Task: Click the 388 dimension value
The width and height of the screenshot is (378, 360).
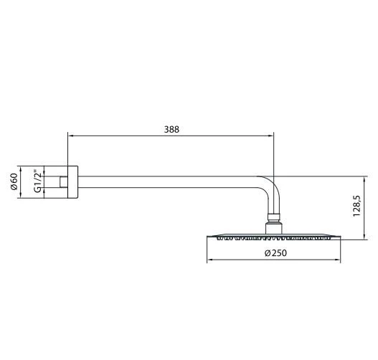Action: point(171,129)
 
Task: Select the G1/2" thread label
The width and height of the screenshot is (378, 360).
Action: point(38,181)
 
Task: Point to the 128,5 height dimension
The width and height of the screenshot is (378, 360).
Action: point(356,207)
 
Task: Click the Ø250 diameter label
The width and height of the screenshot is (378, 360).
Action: point(275,252)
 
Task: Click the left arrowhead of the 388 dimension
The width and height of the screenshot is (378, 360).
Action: point(70,134)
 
